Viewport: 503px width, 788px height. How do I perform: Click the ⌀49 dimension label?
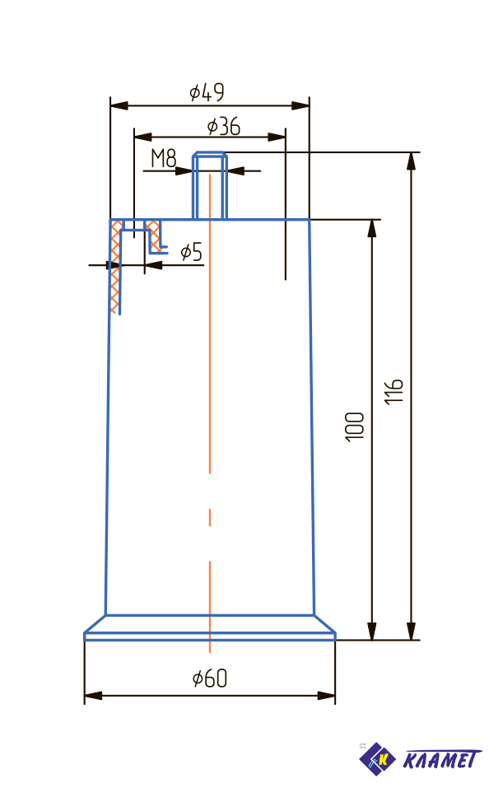207,91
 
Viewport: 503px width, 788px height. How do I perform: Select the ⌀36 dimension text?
224,126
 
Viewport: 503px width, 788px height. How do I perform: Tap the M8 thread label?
163,158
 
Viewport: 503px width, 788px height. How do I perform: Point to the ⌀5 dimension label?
190,252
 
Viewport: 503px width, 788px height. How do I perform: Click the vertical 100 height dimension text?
355,427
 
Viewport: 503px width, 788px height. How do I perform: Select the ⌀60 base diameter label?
209,678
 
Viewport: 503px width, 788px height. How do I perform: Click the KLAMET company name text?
441,759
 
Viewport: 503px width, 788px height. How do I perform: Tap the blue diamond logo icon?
378,758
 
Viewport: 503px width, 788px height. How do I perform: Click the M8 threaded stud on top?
210,185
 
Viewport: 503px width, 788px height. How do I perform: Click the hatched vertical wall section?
115,268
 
